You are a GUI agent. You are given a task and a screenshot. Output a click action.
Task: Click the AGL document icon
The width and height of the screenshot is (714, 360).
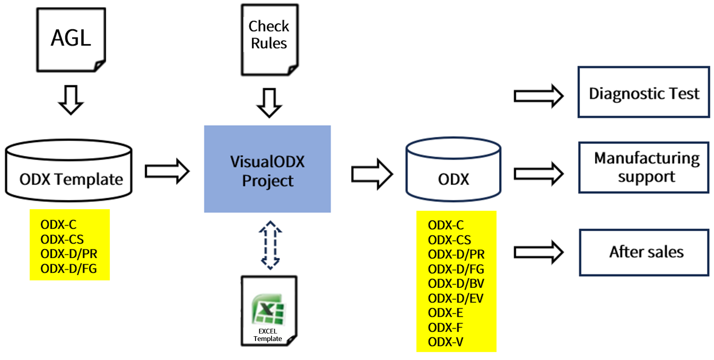tap(71, 39)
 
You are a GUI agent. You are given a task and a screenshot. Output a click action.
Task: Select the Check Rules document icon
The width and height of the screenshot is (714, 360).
tap(270, 39)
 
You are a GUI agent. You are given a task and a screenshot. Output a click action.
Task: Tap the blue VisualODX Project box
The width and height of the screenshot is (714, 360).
tap(267, 169)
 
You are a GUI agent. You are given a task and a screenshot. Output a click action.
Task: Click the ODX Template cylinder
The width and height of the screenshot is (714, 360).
tap(69, 170)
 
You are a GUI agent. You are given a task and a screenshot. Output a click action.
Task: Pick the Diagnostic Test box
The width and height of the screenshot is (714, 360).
tap(644, 92)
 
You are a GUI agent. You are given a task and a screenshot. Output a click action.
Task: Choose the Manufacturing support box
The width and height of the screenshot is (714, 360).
tap(644, 167)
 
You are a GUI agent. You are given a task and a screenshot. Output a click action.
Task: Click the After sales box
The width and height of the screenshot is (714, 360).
tap(644, 252)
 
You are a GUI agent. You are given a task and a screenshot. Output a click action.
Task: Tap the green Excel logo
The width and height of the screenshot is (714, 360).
tap(268, 309)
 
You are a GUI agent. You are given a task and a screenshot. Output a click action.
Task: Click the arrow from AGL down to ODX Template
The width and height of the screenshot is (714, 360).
tap(71, 100)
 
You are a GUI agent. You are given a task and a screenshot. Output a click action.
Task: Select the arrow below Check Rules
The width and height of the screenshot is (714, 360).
tap(269, 103)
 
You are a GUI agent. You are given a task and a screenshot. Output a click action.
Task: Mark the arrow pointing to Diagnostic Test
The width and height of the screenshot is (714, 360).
tap(538, 96)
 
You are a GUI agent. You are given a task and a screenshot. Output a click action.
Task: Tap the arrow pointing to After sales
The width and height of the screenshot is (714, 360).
tap(538, 252)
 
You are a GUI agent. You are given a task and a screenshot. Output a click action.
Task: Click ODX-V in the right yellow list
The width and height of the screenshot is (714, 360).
tap(445, 342)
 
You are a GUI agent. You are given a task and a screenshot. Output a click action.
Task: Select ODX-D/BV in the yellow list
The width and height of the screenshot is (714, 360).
tap(456, 284)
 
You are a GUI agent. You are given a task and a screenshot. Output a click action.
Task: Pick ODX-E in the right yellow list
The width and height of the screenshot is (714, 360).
tap(445, 313)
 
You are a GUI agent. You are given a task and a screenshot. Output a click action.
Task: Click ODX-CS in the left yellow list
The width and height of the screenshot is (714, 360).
tap(62, 239)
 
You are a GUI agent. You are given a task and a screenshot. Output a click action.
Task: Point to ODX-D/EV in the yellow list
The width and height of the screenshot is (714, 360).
tap(456, 298)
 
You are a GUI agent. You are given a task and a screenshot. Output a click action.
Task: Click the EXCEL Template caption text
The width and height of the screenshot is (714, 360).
tap(268, 335)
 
